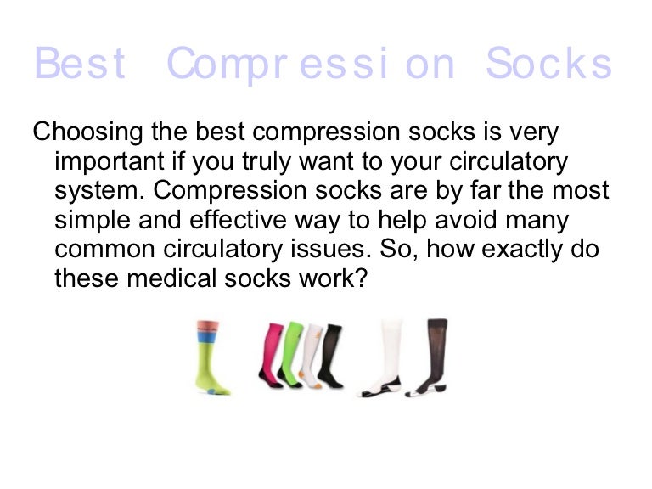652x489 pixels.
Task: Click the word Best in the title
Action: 81,64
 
